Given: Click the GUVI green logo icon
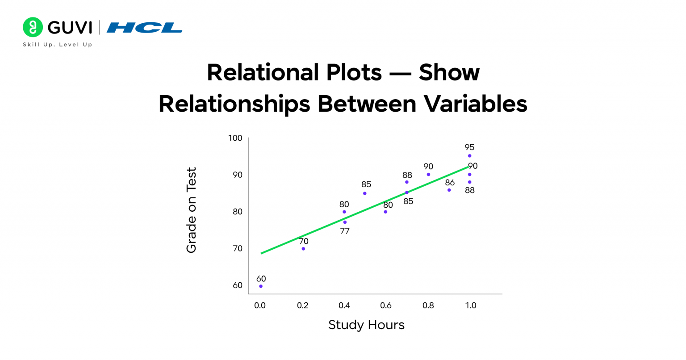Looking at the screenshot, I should pos(33,27).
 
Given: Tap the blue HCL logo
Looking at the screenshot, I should pos(144,28).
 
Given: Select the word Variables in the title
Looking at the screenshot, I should pos(476,104).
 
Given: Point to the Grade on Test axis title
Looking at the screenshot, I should pos(191,210).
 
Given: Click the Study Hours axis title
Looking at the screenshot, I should pos(366,325).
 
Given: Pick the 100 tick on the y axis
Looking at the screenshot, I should pos(235,138).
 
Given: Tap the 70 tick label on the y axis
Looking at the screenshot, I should pos(238,248).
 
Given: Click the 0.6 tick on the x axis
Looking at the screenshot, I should pos(386,306).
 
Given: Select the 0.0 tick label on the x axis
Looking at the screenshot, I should pos(260,306).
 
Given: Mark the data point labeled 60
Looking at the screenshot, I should pos(261,286).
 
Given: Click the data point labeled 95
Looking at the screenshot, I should pos(469,156).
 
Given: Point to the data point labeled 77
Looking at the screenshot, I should pos(345,222).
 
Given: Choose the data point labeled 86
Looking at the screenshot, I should pos(449,190).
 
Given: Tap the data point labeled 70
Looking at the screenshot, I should pos(303,249).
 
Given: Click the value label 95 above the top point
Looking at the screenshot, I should pos(469,147).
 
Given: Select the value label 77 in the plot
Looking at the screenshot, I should pos(345,231).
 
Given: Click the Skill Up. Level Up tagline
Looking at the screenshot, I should pos(58,45).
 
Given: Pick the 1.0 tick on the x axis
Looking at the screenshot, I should pos(471,306).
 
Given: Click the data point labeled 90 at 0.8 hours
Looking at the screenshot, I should pos(428,175).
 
